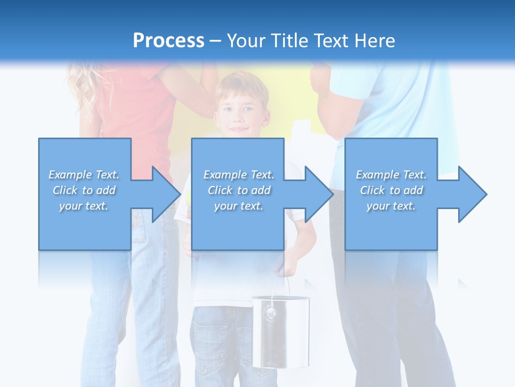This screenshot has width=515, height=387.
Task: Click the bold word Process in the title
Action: click(168, 41)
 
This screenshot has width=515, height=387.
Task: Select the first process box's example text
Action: click(84, 190)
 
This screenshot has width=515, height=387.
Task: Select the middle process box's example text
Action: click(238, 190)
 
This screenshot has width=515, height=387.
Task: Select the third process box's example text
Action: click(391, 190)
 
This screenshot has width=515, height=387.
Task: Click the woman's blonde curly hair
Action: click(80, 86)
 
